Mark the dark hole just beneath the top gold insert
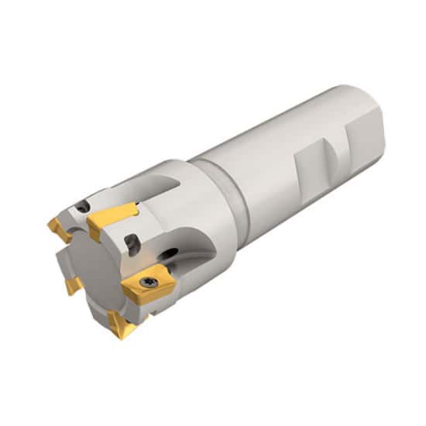133,246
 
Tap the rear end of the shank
364,105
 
